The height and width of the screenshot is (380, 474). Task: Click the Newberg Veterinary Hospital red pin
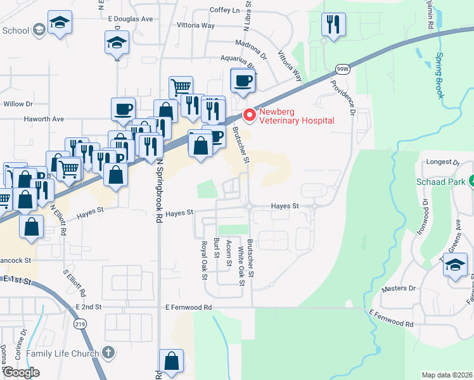pos(249,115)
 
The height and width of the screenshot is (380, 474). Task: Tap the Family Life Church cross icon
pos(108,353)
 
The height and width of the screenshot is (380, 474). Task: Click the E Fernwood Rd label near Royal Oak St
pos(188,307)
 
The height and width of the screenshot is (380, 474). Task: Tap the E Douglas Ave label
pos(131,19)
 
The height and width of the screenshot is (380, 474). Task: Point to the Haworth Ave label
pos(44,118)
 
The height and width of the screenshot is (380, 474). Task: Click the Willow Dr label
pos(18,103)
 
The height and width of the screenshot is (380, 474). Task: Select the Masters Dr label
pos(398,289)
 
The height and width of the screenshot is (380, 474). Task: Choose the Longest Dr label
pos(442,162)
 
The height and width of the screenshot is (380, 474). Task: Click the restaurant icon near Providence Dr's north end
pos(333,25)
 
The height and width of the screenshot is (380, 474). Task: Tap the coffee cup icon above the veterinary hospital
pos(243,80)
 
